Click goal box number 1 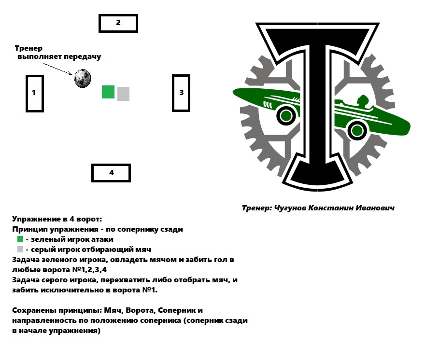point(27,94)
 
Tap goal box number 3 point(173,93)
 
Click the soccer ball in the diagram point(83,79)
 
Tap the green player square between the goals point(108,92)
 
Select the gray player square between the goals point(123,94)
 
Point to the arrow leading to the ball point(57,69)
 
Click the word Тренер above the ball point(28,48)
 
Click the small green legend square point(20,239)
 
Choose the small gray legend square point(20,249)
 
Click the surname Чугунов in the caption point(290,208)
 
